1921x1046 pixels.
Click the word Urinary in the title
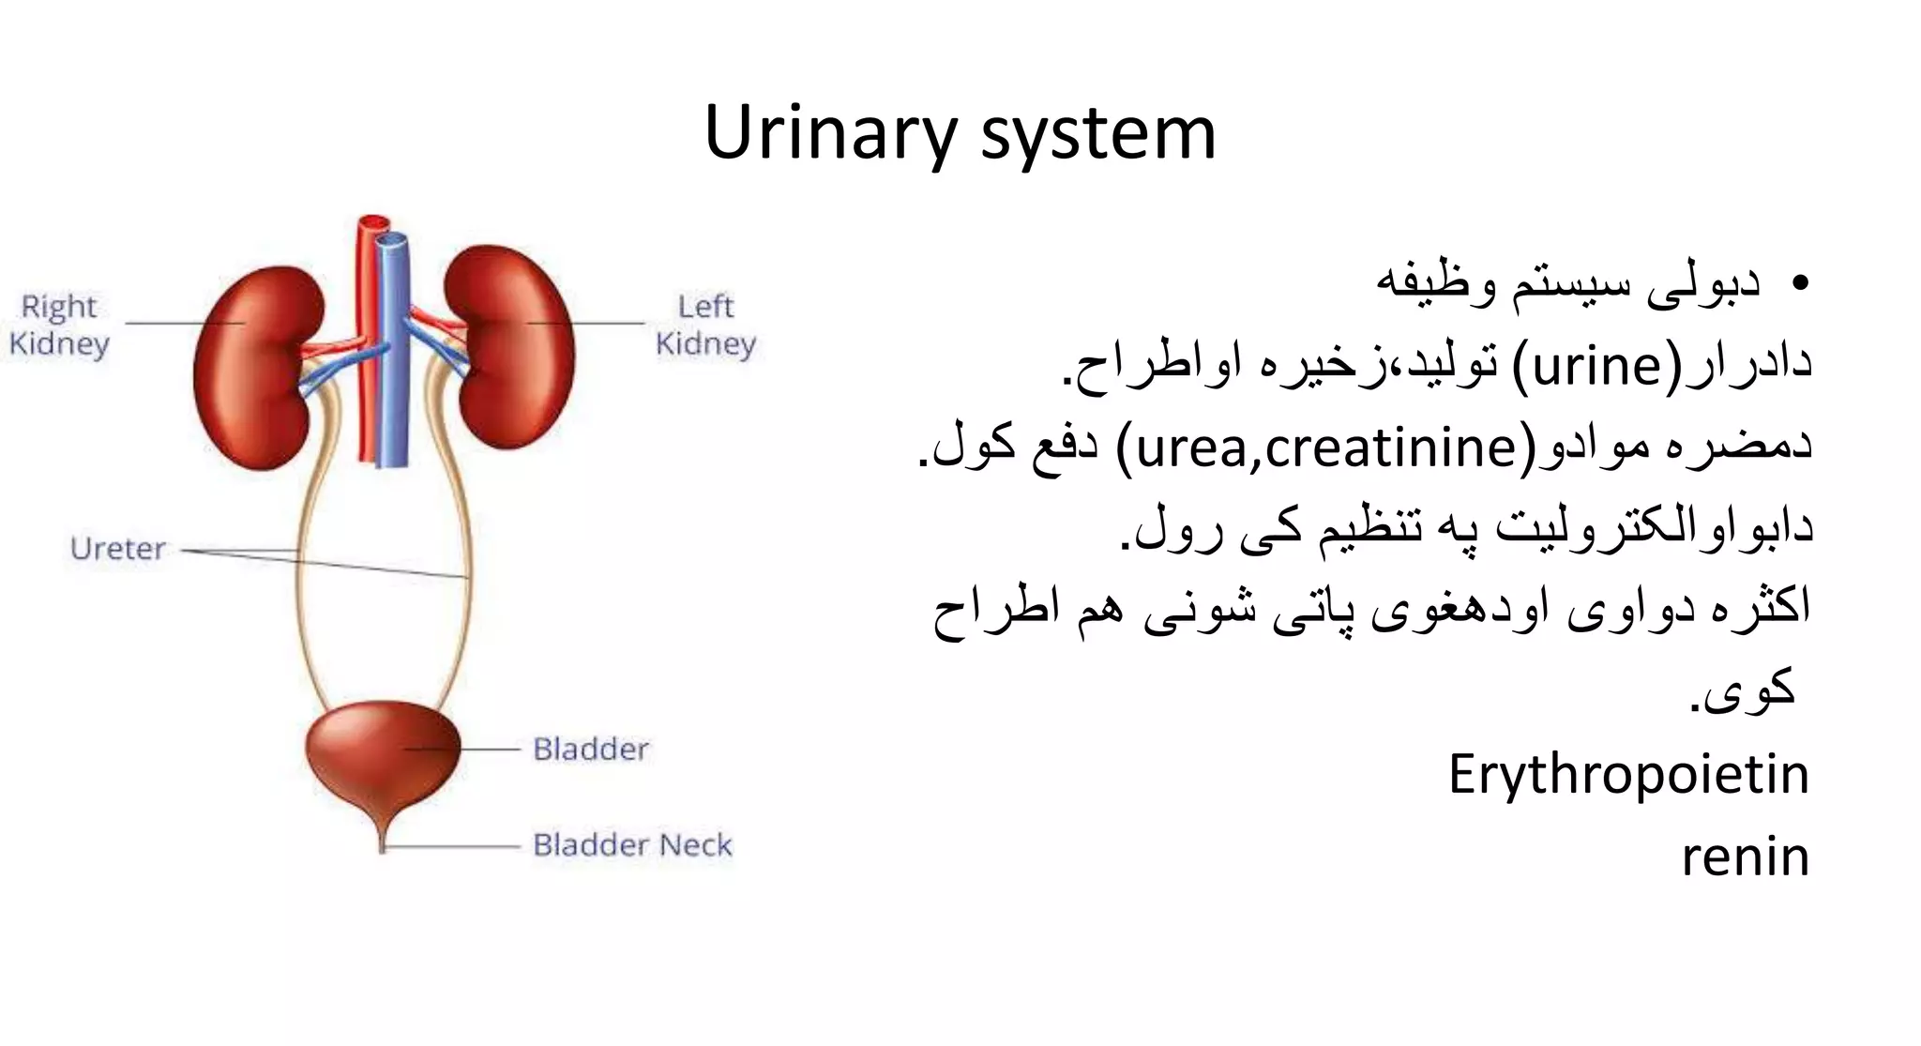tap(829, 133)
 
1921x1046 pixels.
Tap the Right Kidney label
tap(59, 325)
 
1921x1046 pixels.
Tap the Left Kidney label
tap(705, 325)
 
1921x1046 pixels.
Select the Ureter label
tap(117, 548)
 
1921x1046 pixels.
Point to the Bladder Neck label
tap(632, 844)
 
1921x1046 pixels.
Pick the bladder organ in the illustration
tap(383, 750)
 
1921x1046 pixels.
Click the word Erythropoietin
tap(1628, 775)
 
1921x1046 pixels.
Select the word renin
tap(1745, 857)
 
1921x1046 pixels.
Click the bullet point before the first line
tap(1798, 283)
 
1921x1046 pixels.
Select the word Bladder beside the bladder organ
tap(591, 749)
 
